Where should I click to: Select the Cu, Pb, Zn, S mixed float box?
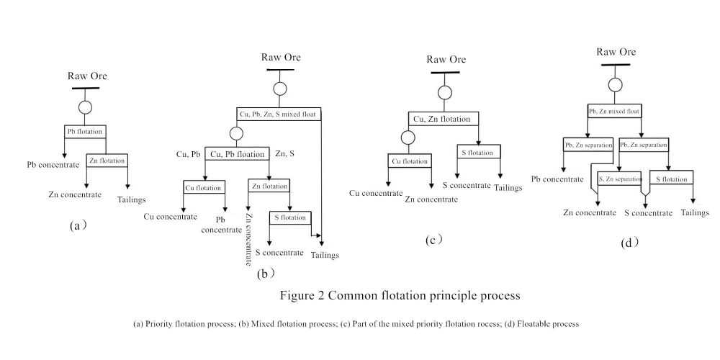point(279,113)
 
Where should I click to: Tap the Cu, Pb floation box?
point(236,153)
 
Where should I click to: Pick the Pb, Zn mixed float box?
point(615,111)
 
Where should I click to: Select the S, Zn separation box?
point(620,178)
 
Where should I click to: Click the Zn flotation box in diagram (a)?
point(108,161)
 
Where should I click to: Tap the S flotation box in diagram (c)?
point(478,152)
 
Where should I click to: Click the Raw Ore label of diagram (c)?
point(446,60)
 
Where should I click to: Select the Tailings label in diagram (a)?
point(132,199)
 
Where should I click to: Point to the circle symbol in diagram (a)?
point(86,107)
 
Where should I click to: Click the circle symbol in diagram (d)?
point(615,84)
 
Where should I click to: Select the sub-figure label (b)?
point(266,274)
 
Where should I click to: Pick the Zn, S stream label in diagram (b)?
point(286,153)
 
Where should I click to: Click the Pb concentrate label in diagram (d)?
point(561,179)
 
